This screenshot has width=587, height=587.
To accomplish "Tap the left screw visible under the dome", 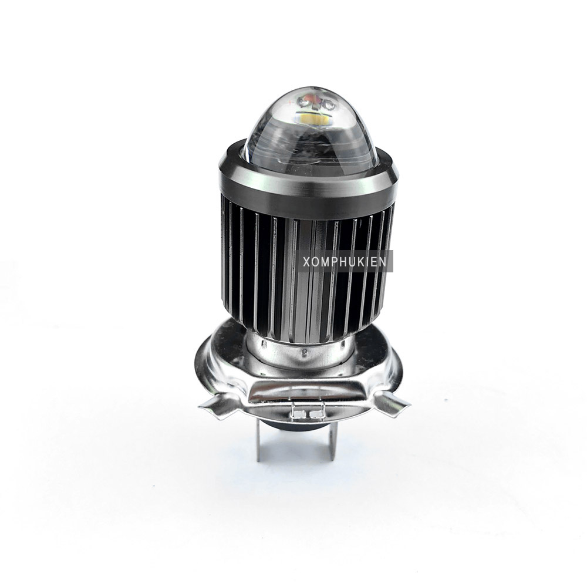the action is pos(301,101).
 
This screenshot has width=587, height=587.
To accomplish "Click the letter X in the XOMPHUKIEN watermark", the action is pos(306,262).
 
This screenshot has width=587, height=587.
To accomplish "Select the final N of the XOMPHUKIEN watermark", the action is pos(382,262).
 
